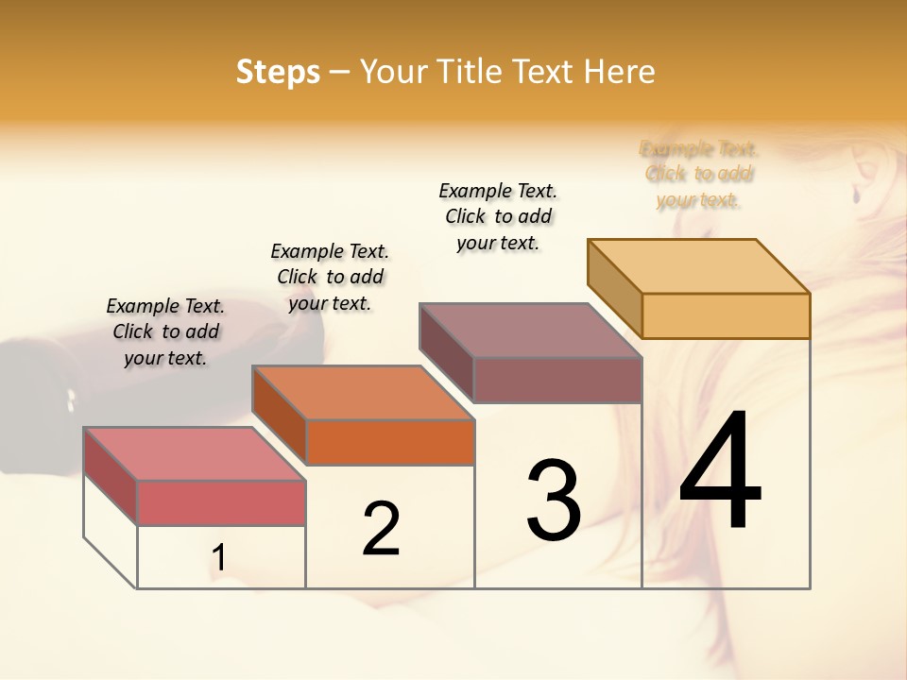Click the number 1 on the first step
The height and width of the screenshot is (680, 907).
tap(218, 558)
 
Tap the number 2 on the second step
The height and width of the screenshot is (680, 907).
tap(381, 528)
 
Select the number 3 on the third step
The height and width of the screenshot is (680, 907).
tap(553, 500)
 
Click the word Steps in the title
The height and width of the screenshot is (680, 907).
tap(278, 72)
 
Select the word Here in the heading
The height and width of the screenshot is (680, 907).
tap(621, 72)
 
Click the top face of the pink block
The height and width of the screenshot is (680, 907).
tap(194, 454)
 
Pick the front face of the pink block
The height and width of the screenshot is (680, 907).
tap(221, 502)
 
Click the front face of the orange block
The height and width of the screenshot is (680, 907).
tap(389, 442)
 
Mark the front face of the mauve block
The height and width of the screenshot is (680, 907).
tap(557, 380)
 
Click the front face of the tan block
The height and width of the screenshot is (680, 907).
tap(726, 315)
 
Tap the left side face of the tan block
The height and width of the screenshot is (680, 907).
tap(614, 288)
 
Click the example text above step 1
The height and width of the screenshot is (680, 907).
tap(165, 331)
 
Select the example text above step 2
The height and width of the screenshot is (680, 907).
tap(330, 277)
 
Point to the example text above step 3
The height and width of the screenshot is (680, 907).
tap(498, 216)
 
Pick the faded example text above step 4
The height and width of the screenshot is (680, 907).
tap(698, 174)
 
